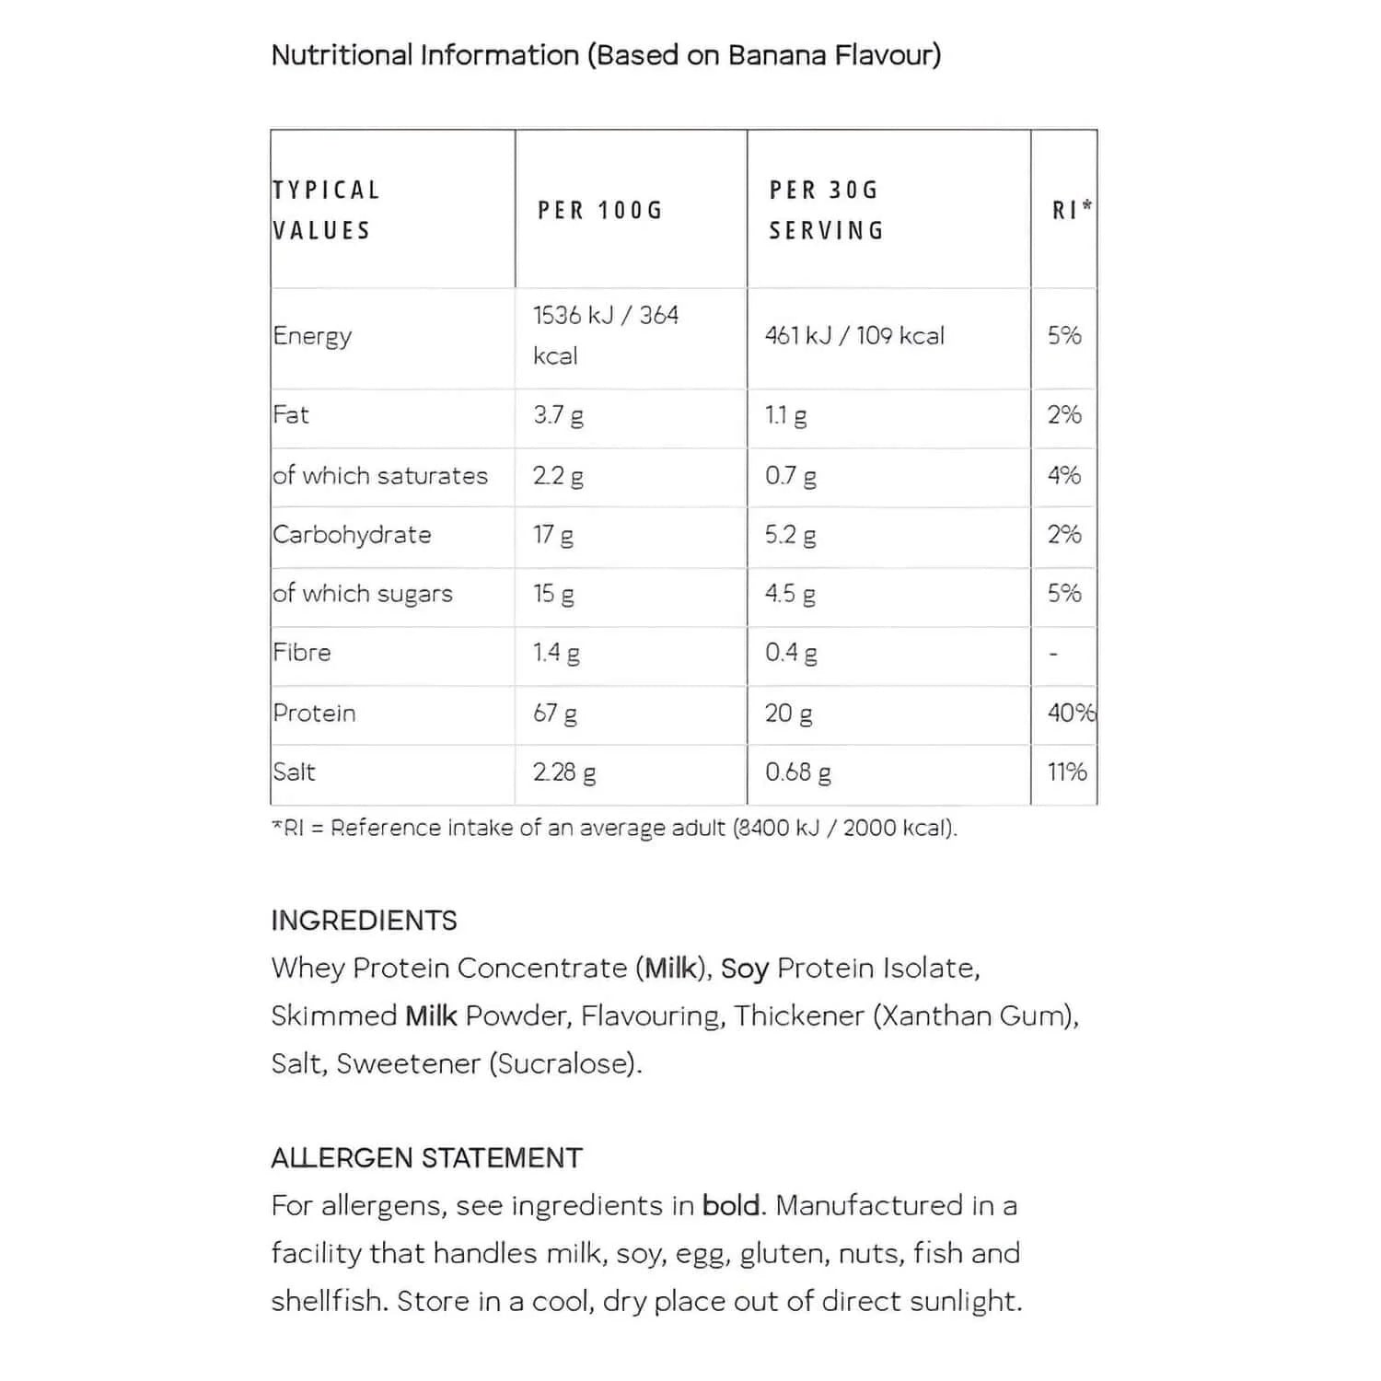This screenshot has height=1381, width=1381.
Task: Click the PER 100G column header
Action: pos(600,210)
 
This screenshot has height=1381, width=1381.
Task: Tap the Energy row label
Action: pos(312,336)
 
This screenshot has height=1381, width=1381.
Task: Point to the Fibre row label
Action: pos(302,653)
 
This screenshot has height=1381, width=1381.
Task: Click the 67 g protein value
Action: pos(555,713)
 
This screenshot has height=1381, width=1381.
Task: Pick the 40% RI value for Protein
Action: pos(1071,713)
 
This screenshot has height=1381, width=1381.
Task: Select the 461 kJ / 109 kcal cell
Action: pos(854,336)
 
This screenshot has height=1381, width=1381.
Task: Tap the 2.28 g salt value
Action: pos(564,772)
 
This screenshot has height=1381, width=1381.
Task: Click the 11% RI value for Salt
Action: pos(1067,772)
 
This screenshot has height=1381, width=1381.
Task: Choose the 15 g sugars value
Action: pos(553,594)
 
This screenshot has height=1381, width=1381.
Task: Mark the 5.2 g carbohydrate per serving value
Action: pos(790,535)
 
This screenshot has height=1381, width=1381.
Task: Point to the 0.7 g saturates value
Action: pos(790,476)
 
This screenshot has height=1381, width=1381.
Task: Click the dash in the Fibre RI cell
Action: pos(1054,655)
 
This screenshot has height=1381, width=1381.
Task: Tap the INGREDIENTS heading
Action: pos(364,921)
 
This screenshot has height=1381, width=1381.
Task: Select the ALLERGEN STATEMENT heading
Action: pos(426,1158)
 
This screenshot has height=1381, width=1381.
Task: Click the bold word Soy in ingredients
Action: pos(744,969)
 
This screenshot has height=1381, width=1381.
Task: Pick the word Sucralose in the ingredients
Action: pos(563,1064)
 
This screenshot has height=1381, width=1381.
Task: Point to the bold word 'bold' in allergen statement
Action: pos(732,1206)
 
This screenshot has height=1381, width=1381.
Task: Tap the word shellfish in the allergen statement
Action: pos(330,1302)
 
